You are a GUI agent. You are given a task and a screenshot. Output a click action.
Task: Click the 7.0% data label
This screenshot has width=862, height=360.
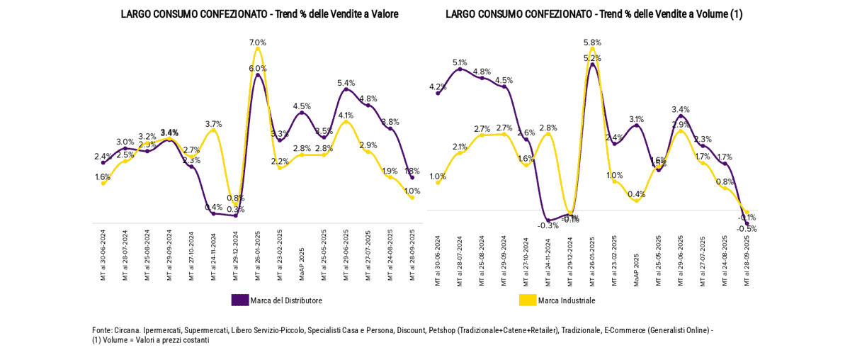(258, 43)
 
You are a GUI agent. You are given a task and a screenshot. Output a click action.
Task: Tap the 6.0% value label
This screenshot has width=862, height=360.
(258, 68)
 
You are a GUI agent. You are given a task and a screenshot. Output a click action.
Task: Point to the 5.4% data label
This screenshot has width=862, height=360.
(346, 83)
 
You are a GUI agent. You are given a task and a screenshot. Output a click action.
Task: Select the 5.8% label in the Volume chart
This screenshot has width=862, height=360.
(592, 43)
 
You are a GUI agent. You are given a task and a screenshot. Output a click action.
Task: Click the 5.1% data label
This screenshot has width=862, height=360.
(460, 62)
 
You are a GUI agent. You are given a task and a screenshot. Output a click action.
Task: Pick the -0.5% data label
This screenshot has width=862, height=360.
(747, 229)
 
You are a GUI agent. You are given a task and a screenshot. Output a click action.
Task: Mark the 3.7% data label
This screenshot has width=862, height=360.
(214, 124)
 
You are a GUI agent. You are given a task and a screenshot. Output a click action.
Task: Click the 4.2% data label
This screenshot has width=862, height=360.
(438, 87)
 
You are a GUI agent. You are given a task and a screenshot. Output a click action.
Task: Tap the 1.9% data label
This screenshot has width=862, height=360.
(390, 171)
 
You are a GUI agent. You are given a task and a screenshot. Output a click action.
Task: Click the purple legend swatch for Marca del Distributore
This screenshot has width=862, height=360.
(240, 300)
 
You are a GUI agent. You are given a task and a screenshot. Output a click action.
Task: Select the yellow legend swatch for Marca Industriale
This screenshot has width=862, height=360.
(528, 300)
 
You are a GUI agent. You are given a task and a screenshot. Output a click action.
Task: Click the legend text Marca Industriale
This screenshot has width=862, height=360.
(567, 300)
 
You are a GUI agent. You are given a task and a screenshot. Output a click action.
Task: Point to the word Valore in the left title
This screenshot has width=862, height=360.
(384, 14)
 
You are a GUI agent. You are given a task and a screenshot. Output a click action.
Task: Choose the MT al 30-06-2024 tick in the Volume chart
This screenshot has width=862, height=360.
(438, 260)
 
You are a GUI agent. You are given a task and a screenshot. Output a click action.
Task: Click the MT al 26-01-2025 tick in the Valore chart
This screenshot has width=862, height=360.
(258, 255)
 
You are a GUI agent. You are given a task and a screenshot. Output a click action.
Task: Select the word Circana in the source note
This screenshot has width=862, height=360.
(127, 330)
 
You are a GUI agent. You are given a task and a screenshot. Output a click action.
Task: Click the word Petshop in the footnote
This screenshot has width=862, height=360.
(443, 330)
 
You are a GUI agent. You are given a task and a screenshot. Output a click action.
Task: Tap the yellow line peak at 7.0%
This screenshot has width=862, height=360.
(258, 49)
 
